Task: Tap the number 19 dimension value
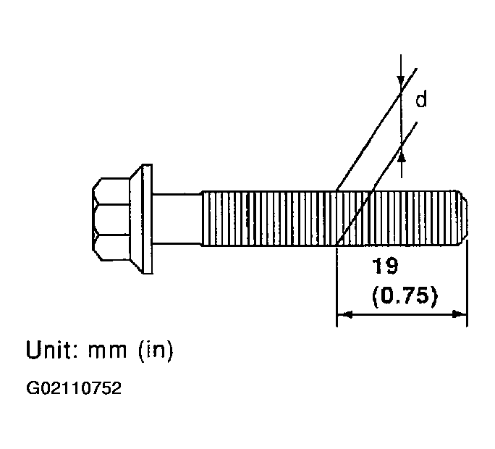[385, 266]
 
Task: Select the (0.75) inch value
[405, 296]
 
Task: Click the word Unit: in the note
[51, 350]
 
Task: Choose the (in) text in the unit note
[156, 350]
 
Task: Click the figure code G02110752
[74, 388]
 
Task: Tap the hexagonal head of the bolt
[111, 219]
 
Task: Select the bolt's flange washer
[141, 219]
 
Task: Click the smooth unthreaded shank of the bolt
[177, 219]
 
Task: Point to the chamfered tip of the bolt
[463, 218]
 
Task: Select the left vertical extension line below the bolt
[337, 287]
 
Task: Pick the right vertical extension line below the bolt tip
[467, 283]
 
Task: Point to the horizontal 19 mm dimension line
[402, 314]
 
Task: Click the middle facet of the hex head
[111, 219]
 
